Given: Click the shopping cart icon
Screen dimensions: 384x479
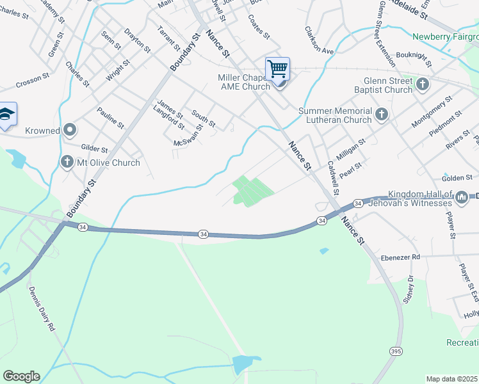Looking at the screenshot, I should (277, 68).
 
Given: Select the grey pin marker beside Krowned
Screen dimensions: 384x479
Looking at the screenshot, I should (70, 131).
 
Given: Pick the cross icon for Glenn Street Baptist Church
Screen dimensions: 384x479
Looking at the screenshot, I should (422, 84).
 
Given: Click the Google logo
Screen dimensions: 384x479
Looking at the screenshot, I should (21, 376).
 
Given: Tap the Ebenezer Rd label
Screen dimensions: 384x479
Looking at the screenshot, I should (402, 257).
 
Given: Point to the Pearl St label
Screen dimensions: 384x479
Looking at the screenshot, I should (351, 170).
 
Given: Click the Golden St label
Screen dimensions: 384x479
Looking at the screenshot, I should (457, 177).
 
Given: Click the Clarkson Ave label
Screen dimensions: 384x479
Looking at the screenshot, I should (320, 40).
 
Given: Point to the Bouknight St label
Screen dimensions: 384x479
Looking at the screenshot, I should (414, 59).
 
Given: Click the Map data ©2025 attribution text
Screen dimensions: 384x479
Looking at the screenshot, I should (451, 379).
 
